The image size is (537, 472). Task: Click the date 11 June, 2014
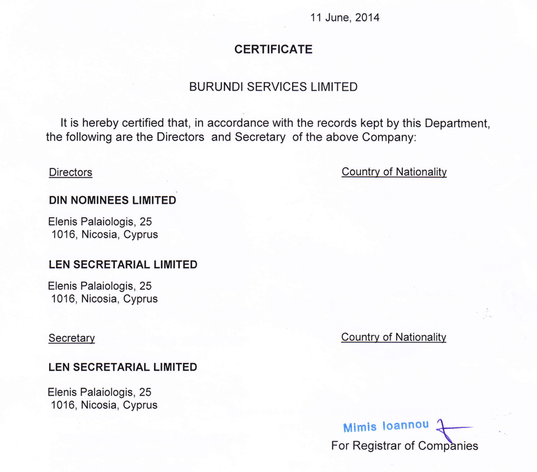point(345,18)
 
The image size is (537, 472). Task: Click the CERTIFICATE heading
point(273,50)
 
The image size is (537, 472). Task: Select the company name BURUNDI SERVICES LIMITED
point(273,86)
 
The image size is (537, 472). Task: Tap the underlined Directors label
point(70,172)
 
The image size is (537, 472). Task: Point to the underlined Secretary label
point(72,338)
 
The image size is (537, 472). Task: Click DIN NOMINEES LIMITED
point(112,201)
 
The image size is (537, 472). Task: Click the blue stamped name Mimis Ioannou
point(386,427)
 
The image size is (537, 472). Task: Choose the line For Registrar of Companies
point(404,446)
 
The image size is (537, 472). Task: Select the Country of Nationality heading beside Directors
point(394,172)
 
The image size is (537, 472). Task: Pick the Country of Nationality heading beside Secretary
point(393,337)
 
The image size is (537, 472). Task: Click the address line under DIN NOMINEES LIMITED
point(100,221)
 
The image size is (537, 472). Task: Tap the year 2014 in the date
point(367,18)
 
